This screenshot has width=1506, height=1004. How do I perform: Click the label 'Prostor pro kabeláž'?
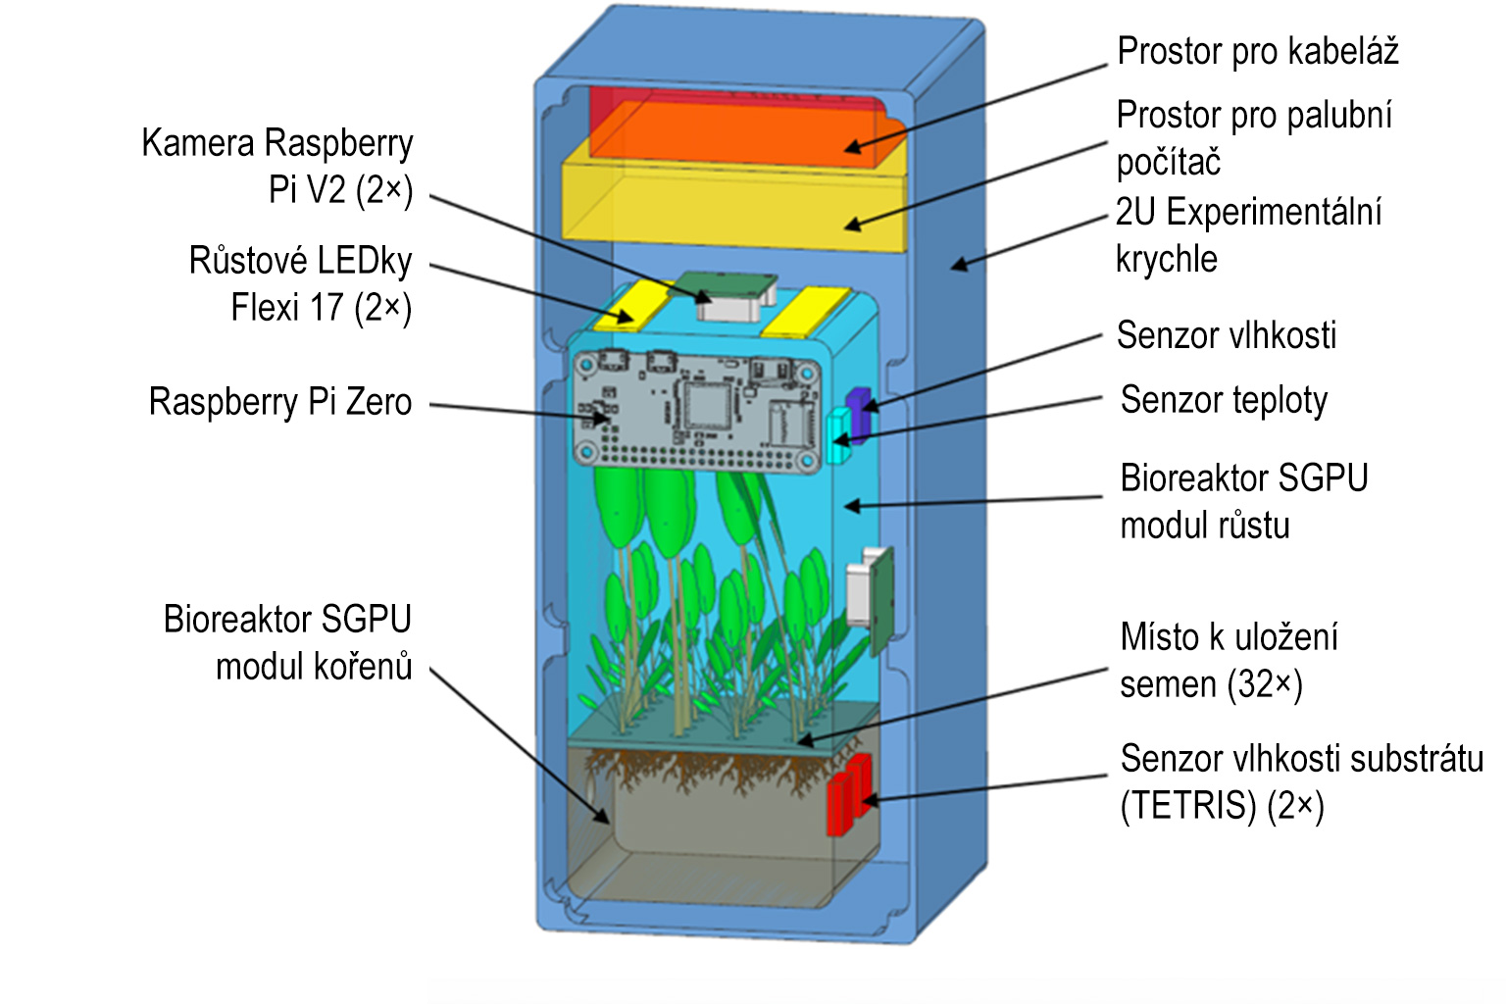coord(1257,51)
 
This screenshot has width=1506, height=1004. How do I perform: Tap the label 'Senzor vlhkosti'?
coord(1226,335)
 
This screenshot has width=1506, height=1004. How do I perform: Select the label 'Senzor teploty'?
coord(1224,400)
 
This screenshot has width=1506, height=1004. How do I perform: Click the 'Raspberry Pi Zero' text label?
coord(280,402)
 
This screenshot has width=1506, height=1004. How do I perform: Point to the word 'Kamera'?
coord(197,143)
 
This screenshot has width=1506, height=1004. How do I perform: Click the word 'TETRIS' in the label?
coord(1188,806)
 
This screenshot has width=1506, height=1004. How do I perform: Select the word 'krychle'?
coord(1167,259)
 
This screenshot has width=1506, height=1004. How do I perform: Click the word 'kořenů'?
coord(363,667)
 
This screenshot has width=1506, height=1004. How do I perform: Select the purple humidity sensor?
coord(859,412)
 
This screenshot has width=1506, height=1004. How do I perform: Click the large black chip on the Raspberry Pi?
coord(707,404)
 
